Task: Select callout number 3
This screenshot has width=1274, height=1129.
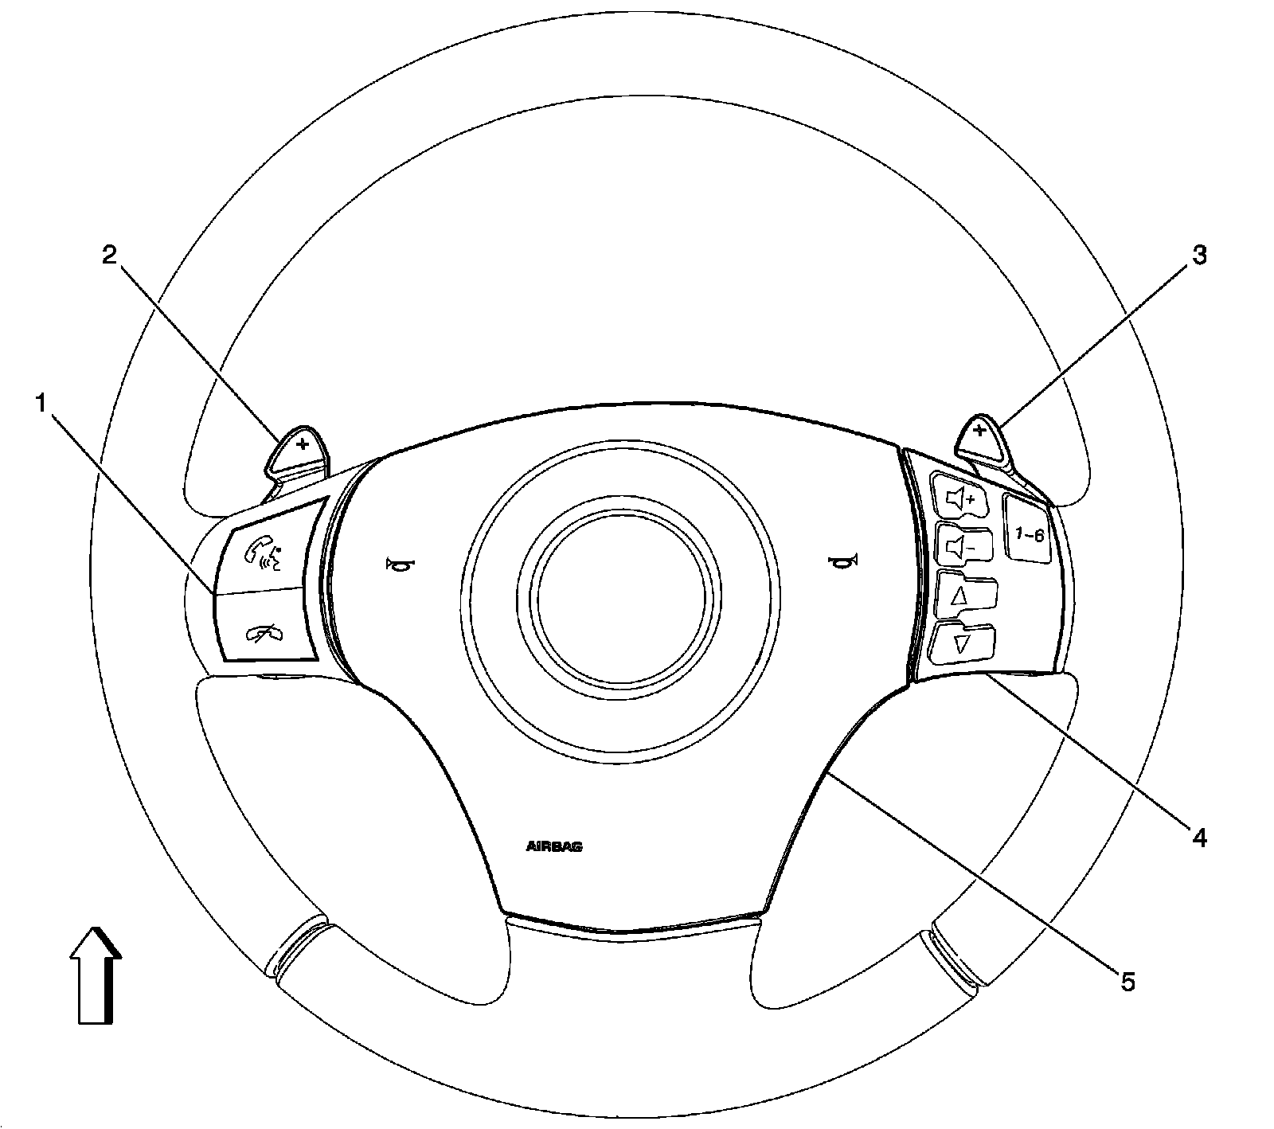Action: point(1198,256)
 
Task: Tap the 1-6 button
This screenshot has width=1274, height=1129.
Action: point(1027,529)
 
